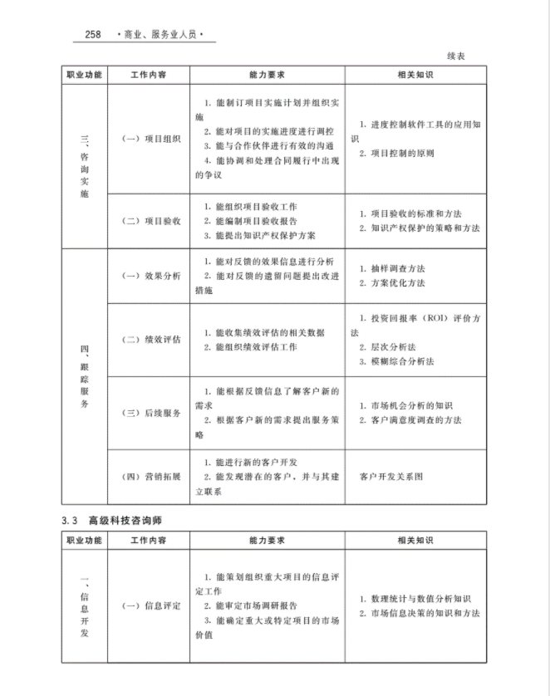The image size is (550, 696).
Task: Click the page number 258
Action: coord(91,34)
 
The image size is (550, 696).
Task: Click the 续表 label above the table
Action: coord(455,56)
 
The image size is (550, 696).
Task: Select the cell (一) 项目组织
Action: coord(150,140)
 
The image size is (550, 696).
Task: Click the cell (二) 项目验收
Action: coord(150,221)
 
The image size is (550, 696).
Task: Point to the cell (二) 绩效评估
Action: coord(150,340)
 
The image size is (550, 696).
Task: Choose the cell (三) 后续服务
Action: coord(150,413)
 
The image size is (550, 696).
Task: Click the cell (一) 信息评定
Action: coord(150,605)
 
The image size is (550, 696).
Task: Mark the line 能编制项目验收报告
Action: coord(253,221)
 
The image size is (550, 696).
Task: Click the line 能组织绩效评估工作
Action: coord(253,347)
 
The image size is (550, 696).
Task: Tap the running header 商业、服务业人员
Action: coord(162,35)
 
